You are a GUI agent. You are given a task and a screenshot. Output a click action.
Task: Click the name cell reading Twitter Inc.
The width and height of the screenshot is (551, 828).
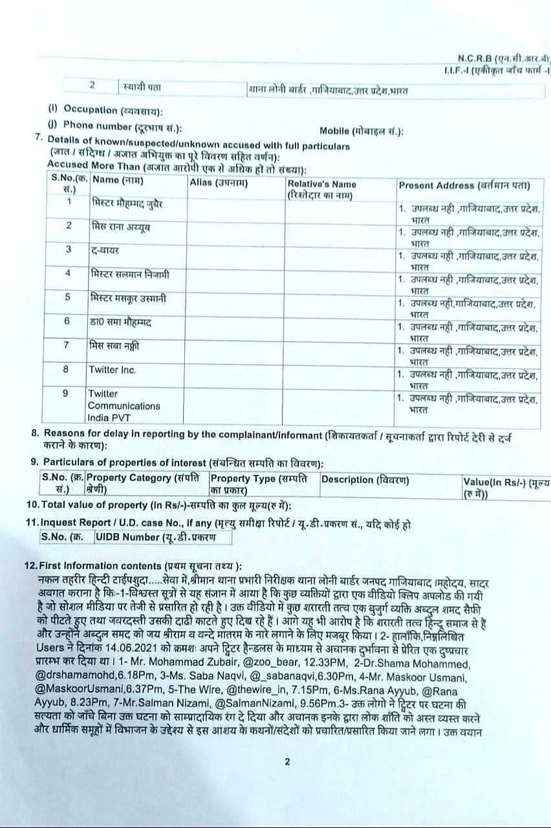pyautogui.click(x=113, y=369)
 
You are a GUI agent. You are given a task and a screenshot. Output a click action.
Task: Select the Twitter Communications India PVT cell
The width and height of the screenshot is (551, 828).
pyautogui.click(x=124, y=406)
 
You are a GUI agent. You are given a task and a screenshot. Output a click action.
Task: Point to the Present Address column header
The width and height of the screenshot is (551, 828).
pyautogui.click(x=464, y=186)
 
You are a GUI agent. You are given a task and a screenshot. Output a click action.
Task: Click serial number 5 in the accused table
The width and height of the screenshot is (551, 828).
pyautogui.click(x=67, y=297)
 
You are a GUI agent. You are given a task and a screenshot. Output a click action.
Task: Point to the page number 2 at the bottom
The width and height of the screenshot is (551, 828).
pyautogui.click(x=287, y=761)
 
